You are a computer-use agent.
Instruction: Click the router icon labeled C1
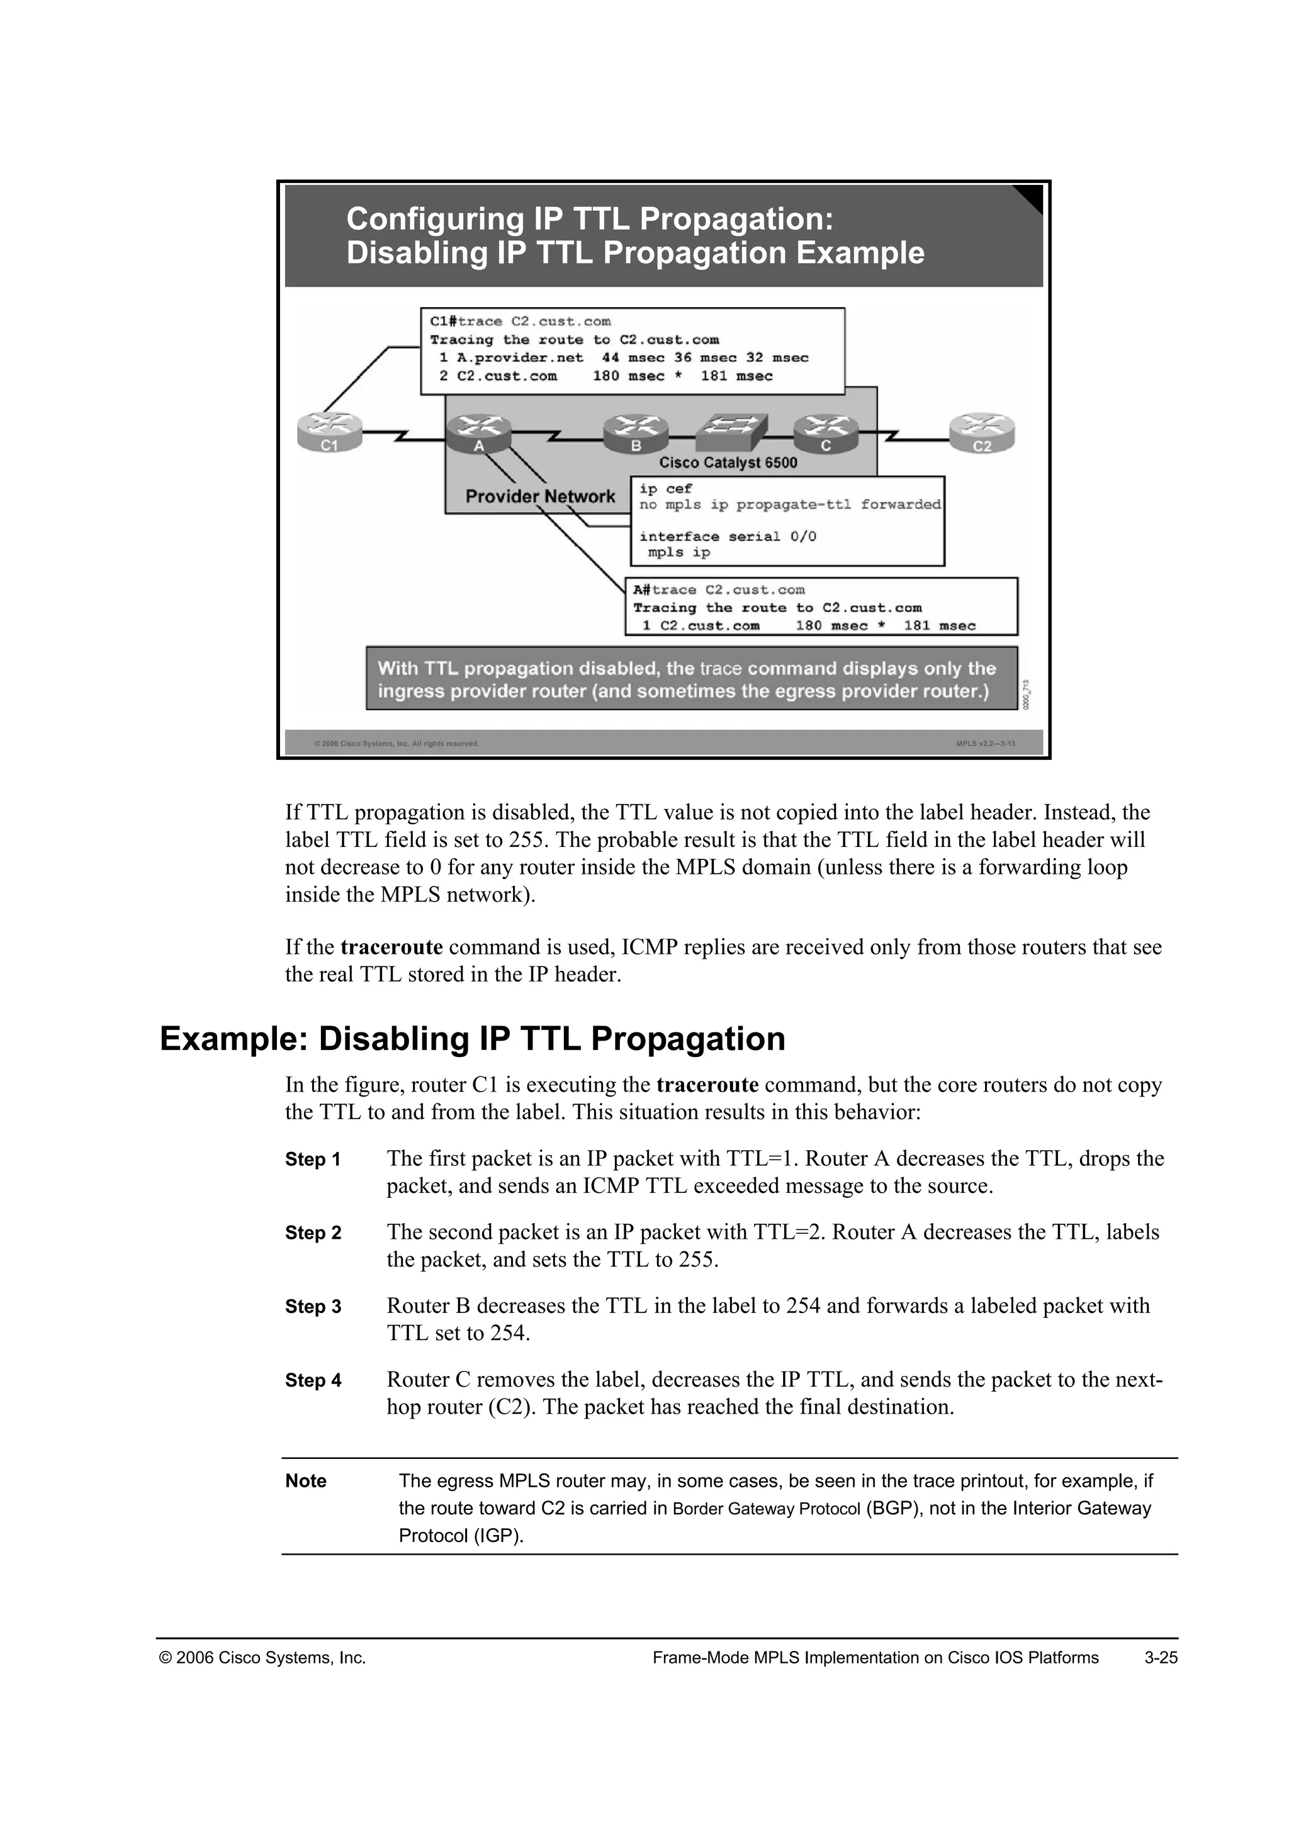tap(329, 432)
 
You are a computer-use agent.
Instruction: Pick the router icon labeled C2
tap(982, 432)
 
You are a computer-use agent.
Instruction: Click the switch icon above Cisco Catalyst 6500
tap(731, 432)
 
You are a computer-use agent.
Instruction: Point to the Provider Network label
tap(540, 497)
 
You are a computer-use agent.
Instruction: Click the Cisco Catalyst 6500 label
tap(728, 462)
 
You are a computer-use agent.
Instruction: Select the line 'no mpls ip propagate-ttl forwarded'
tap(790, 505)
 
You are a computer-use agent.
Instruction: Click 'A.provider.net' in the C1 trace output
tap(519, 358)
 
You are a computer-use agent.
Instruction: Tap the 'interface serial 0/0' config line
tap(727, 537)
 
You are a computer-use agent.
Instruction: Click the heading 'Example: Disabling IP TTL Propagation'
tap(472, 1039)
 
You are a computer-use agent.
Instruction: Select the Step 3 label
tap(313, 1307)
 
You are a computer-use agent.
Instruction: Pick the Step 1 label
tap(313, 1160)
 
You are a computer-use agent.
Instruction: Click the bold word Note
tap(306, 1481)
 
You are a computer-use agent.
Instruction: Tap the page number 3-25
tap(1161, 1658)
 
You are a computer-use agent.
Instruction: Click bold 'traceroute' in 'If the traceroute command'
tap(391, 947)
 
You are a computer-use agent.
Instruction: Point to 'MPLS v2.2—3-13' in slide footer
tap(985, 744)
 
